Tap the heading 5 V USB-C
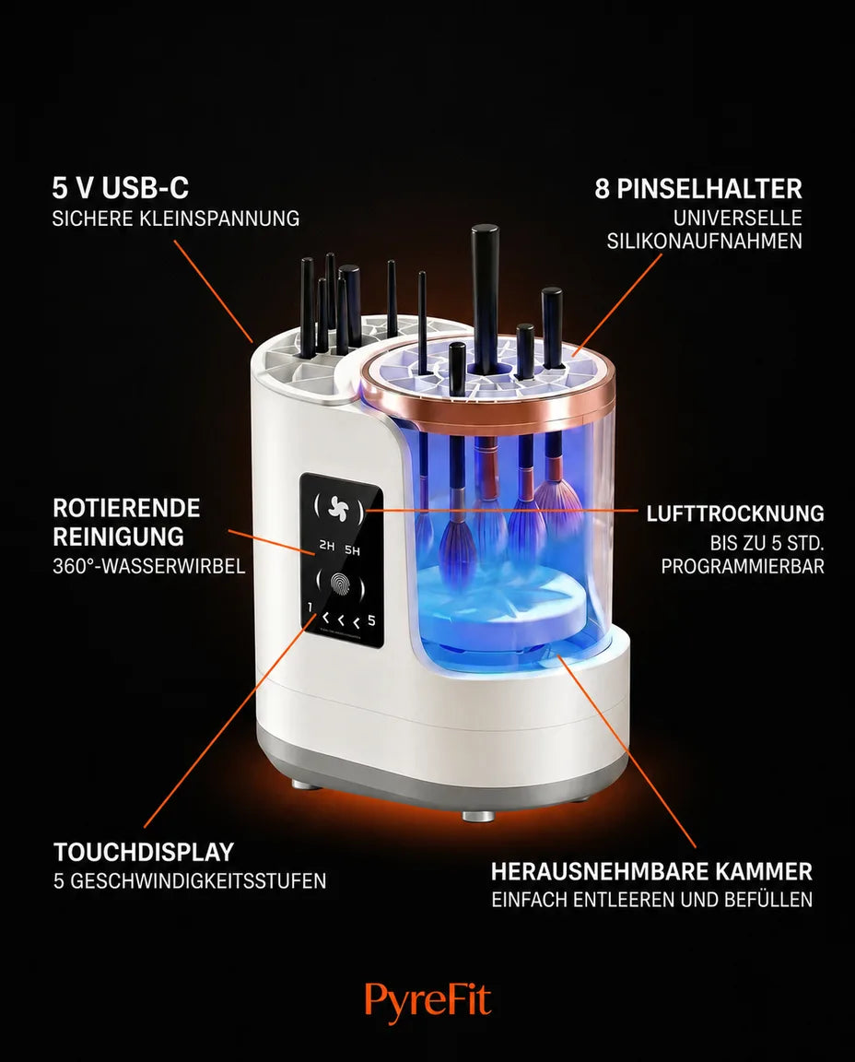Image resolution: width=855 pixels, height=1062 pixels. pos(121,188)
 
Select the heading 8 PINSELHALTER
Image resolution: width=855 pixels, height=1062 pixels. pos(698,188)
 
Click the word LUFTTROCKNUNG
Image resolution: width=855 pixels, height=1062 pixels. pos(735,513)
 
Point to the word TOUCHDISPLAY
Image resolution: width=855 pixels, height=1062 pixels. pos(144,852)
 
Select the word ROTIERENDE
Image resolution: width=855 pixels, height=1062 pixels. pos(126,508)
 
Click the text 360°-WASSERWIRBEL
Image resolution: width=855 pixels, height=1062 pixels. pos(149,565)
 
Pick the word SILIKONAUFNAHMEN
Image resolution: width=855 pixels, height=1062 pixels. pos(704,242)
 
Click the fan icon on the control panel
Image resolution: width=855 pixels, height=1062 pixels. pos(337,508)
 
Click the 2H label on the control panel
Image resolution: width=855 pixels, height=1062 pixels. pos(327,545)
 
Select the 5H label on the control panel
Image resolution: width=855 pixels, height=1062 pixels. pos(352,550)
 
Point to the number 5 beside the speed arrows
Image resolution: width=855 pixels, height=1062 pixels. pos(371,620)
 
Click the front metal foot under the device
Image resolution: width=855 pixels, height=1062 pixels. pos(476,816)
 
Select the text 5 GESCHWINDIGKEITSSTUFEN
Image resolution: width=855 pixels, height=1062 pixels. pos(190,881)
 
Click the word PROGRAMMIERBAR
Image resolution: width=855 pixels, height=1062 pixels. pos(743,566)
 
